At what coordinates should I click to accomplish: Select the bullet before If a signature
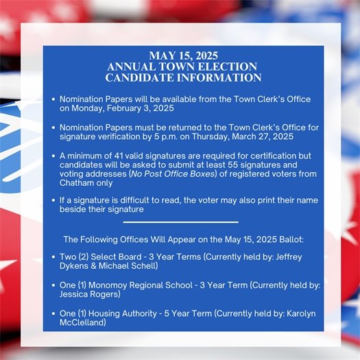53,200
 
